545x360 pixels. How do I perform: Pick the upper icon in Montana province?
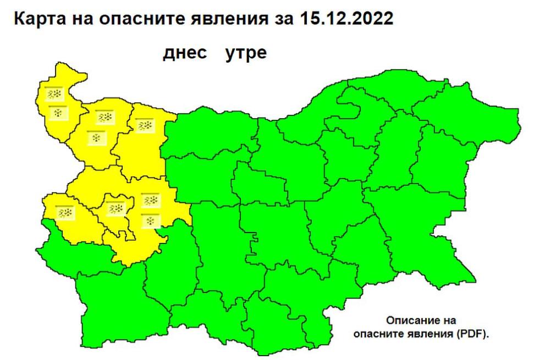coord(104,118)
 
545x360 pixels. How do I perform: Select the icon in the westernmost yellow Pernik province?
coord(65,212)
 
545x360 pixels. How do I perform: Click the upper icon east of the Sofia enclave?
coord(150,200)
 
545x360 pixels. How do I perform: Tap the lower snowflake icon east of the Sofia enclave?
coord(150,220)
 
